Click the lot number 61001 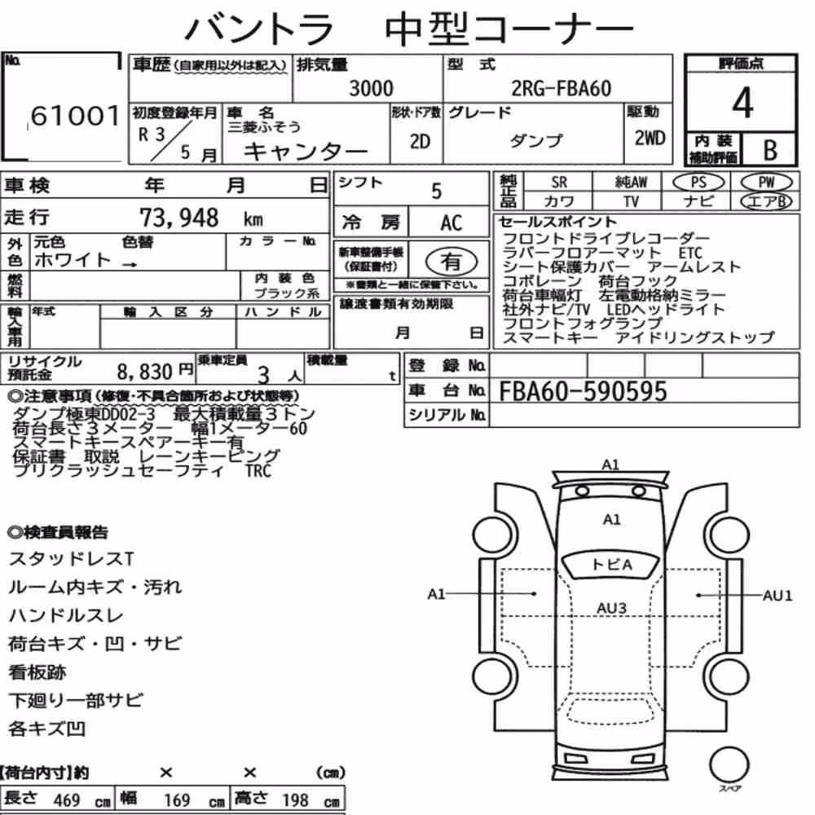[x=75, y=116]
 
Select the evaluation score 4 [x=742, y=103]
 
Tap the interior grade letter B [x=770, y=150]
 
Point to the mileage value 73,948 [x=178, y=218]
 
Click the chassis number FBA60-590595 [x=583, y=391]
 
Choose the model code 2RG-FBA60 [x=561, y=88]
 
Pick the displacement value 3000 [x=371, y=88]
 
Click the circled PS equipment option [x=698, y=183]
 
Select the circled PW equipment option [x=766, y=182]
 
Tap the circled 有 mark [x=452, y=262]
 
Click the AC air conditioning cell [x=451, y=223]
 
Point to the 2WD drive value [x=650, y=138]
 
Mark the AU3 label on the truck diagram [x=612, y=608]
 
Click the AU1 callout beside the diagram [x=777, y=596]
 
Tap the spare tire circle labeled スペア [x=729, y=765]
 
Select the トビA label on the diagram [x=612, y=565]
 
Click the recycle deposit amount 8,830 [x=144, y=372]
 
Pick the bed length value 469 [x=67, y=800]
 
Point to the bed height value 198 [x=295, y=800]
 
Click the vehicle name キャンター [x=305, y=152]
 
